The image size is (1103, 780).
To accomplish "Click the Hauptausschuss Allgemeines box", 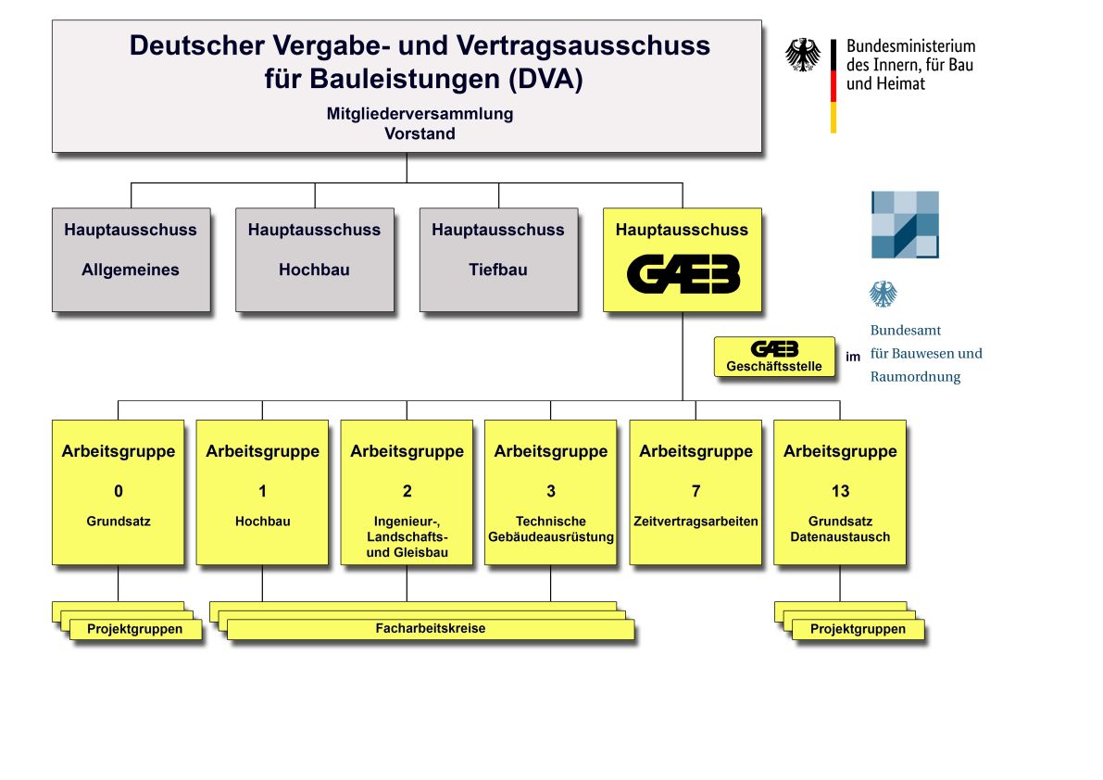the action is [x=131, y=259].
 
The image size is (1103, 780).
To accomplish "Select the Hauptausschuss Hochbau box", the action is [x=315, y=259].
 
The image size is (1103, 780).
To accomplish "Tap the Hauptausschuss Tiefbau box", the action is [x=499, y=259].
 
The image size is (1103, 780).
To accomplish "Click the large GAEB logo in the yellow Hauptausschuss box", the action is [x=683, y=273].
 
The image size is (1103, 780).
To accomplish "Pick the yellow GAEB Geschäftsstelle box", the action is [x=774, y=358].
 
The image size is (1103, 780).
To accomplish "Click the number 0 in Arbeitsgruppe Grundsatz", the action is [x=119, y=491].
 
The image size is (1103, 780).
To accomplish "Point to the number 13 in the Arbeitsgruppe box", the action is [x=840, y=491].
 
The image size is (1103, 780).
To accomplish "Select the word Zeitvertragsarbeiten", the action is [x=696, y=522].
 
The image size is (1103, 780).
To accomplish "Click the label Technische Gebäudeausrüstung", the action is [x=551, y=529].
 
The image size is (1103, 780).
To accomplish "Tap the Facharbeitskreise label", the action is [x=431, y=628].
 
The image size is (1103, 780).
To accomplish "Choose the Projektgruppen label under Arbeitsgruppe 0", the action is [x=134, y=629].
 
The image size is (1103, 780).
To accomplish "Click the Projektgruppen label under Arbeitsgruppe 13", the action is [x=858, y=629].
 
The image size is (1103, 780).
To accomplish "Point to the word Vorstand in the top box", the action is [x=420, y=133].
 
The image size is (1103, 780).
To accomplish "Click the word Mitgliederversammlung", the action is [x=420, y=113].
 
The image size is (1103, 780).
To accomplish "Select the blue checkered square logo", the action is [x=906, y=224].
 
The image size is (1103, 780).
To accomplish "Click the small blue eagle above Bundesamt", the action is [x=883, y=294].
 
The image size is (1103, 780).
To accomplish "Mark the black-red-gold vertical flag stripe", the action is [x=834, y=86].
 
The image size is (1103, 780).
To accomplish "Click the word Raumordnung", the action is [x=915, y=377].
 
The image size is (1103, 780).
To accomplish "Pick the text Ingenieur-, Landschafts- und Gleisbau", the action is [x=407, y=536].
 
